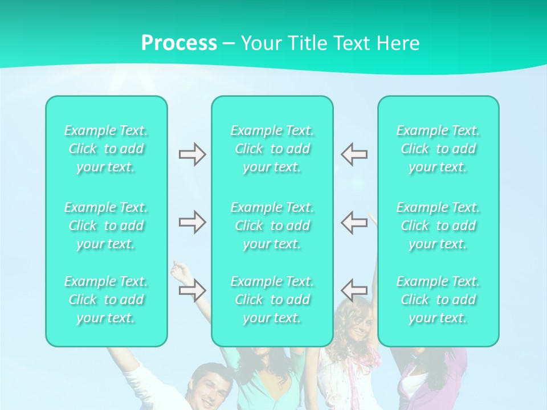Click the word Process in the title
pyautogui.click(x=179, y=43)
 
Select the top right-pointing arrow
pyautogui.click(x=192, y=154)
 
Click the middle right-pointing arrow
pyautogui.click(x=192, y=222)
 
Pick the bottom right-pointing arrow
pyautogui.click(x=192, y=290)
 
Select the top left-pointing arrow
pyautogui.click(x=354, y=154)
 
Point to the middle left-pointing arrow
pyautogui.click(x=354, y=222)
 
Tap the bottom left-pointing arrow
pyautogui.click(x=354, y=290)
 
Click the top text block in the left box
pyautogui.click(x=106, y=149)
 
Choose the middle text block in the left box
pyautogui.click(x=106, y=225)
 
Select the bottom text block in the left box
pyautogui.click(x=106, y=300)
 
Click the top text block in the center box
pyautogui.click(x=272, y=149)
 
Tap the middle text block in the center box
pyautogui.click(x=272, y=225)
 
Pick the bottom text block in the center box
pyautogui.click(x=272, y=300)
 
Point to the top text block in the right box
pyautogui.click(x=438, y=149)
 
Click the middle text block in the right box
pyautogui.click(x=438, y=225)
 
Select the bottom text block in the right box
pyautogui.click(x=438, y=300)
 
